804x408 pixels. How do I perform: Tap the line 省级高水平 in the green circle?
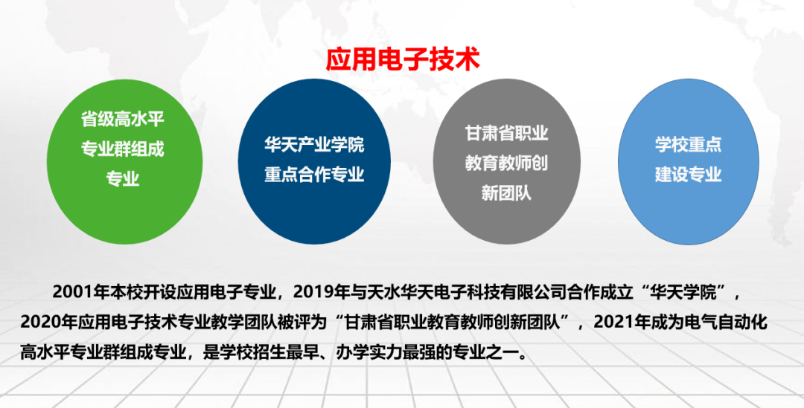tap(122, 119)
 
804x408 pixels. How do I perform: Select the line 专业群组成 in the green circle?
tap(122, 149)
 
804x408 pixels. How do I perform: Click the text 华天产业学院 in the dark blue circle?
tap(314, 144)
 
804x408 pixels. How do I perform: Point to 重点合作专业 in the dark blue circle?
tap(314, 175)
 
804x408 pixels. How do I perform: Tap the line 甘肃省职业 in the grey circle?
tap(506, 133)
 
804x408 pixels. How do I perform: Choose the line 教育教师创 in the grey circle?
tap(506, 163)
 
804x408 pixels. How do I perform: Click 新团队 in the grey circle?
tap(506, 193)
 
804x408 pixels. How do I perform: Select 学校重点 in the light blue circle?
tap(688, 144)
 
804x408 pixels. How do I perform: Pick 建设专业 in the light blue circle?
tap(688, 175)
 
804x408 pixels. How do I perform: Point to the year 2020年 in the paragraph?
tap(46, 322)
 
